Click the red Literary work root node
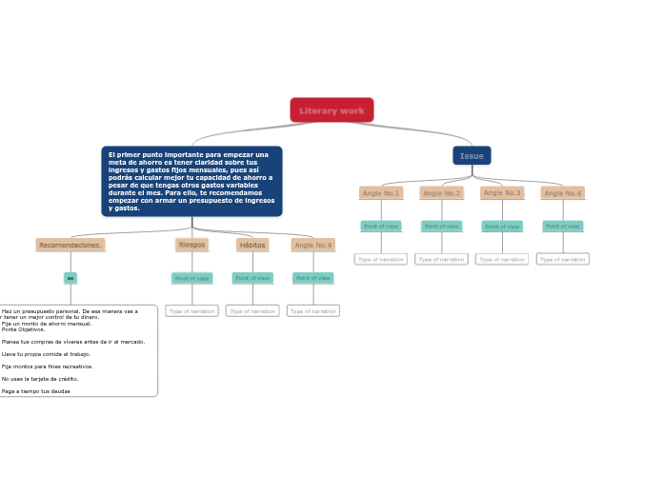pos(332,110)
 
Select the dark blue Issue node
pos(472,155)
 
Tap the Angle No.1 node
pos(380,193)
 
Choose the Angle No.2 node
pos(441,193)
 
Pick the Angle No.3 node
pos(502,193)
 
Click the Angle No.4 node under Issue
pos(562,193)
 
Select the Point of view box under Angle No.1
pos(380,227)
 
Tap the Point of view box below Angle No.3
pos(502,227)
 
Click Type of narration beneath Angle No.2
pos(441,259)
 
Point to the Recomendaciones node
pos(70,245)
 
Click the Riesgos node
pos(191,245)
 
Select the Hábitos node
pos(252,245)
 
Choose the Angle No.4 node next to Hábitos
pos(312,245)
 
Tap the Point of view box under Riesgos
pos(191,278)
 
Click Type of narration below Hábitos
pos(252,310)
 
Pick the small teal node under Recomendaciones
pos(70,278)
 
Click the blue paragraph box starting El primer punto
pos(191,181)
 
